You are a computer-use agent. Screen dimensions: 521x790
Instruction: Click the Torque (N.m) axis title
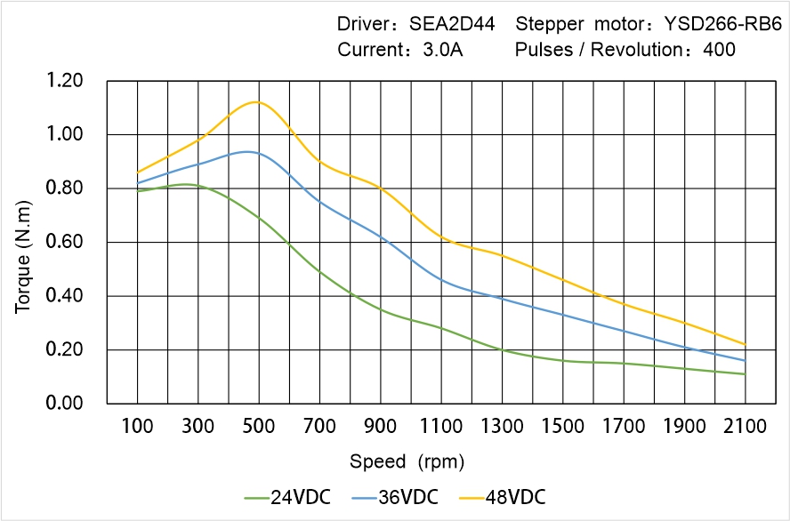click(23, 242)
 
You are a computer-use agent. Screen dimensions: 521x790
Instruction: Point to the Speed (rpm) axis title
click(407, 461)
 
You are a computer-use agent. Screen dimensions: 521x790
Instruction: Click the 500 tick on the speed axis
click(259, 427)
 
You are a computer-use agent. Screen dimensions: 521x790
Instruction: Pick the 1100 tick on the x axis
click(441, 427)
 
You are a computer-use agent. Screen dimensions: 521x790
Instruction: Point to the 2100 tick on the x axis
click(745, 427)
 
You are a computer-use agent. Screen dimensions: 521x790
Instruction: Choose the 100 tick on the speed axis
click(137, 427)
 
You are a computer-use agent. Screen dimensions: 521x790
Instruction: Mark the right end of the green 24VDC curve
click(745, 374)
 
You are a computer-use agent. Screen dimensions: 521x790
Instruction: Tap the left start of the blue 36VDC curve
click(137, 183)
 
